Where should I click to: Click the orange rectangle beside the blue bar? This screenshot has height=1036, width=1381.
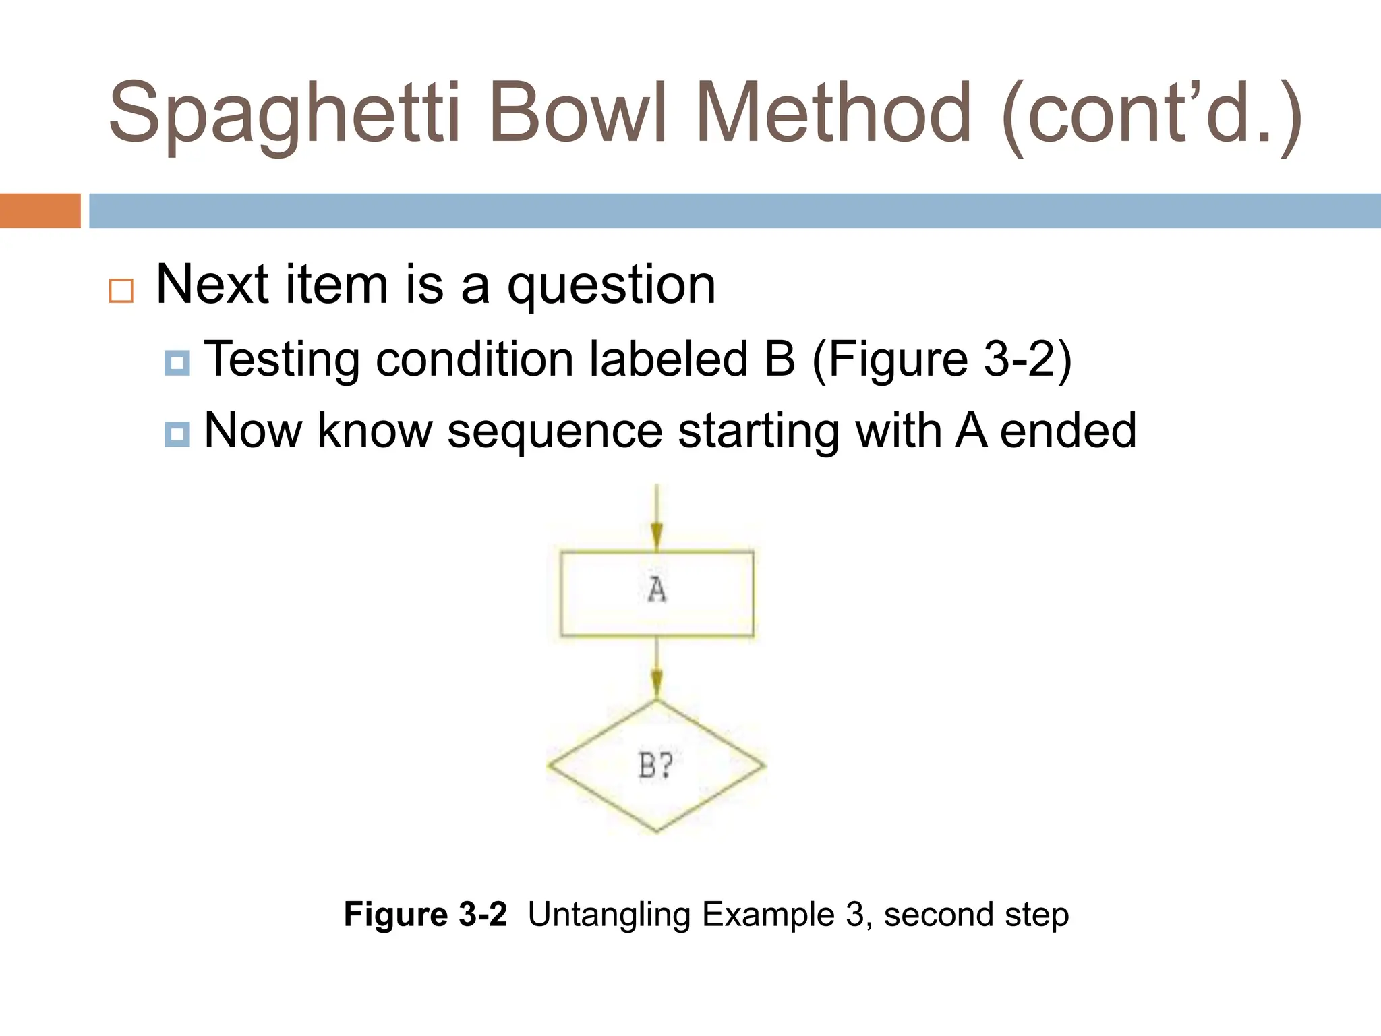40,210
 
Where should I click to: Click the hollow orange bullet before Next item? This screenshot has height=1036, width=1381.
121,291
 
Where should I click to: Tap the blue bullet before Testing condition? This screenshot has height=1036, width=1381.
177,363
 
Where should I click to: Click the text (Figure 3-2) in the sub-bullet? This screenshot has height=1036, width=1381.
941,359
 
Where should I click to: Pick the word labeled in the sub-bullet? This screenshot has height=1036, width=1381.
669,359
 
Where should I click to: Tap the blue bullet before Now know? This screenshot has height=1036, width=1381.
177,434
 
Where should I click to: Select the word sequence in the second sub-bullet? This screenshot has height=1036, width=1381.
555,432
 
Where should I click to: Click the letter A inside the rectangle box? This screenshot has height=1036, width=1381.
657,590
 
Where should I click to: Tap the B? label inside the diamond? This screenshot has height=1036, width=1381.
655,766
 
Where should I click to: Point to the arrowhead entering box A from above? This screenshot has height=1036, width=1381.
657,539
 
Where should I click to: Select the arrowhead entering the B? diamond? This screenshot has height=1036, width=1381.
657,685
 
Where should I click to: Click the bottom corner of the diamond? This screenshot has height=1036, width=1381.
657,830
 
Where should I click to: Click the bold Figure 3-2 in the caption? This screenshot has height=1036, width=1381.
425,915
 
